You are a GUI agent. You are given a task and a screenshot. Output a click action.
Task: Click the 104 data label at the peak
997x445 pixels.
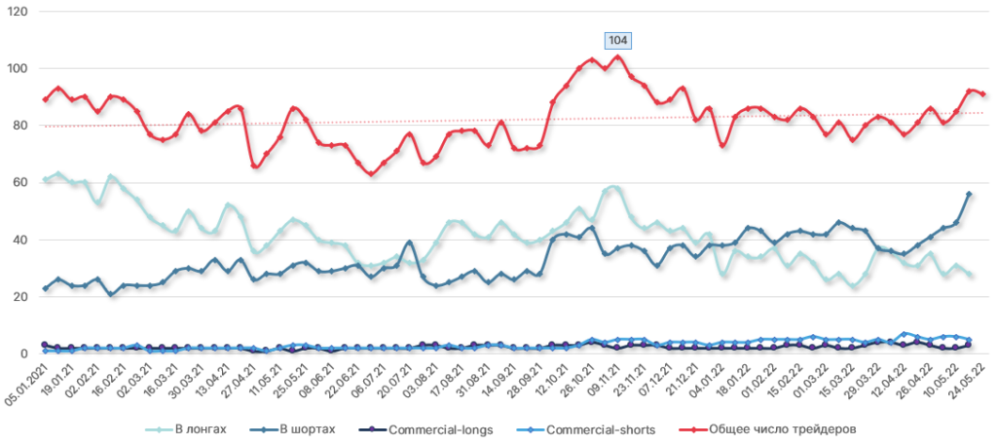[x=617, y=40]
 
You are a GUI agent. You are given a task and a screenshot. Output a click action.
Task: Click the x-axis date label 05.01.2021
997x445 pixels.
[x=25, y=383]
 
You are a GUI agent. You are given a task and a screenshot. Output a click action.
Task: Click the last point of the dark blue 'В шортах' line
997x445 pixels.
[x=969, y=194]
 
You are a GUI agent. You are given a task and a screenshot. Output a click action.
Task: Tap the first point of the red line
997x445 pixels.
[x=45, y=99]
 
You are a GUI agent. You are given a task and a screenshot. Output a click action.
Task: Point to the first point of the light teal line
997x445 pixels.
[x=45, y=180]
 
